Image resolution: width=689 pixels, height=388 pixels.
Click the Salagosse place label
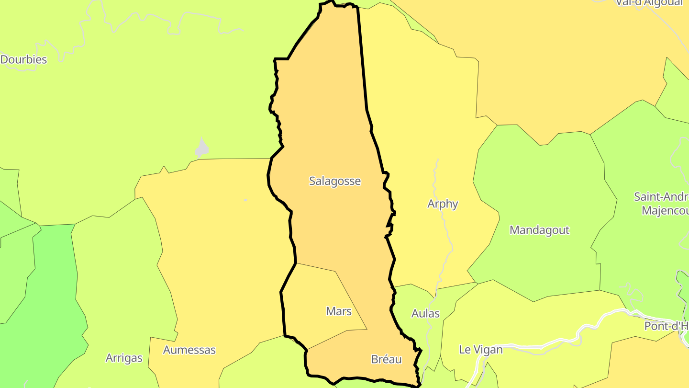335,181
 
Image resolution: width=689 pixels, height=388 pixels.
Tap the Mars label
339,311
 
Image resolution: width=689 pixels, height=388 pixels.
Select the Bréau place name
386,359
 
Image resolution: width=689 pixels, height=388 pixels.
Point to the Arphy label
443,204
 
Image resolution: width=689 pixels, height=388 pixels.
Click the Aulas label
425,314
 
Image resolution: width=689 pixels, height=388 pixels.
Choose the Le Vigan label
480,350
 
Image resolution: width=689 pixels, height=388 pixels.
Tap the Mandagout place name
539,230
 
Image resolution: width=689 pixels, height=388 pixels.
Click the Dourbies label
24,60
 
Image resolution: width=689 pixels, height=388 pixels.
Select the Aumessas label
189,350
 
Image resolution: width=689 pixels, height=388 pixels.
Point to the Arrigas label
124,358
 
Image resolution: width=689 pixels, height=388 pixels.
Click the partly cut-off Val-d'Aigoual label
649,3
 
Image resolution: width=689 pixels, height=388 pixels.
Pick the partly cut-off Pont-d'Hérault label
666,326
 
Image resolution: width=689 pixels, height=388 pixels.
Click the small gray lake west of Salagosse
202,149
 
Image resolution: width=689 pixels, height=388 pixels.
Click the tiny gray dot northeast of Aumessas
245,200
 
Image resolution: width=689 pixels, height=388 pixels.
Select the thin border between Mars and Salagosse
316,267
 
